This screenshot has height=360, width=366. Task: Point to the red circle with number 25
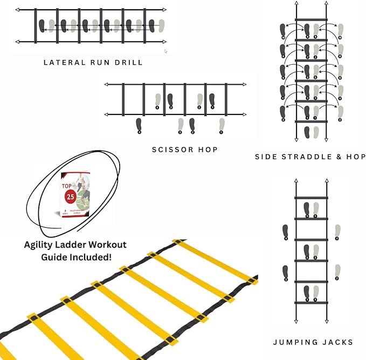pos(71,196)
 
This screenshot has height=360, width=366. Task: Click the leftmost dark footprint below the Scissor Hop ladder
pos(139,125)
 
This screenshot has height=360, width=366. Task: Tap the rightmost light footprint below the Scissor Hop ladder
pos(221,125)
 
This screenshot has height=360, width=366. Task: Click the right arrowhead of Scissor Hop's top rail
pos(244,85)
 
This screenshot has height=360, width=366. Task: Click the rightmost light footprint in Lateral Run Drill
pos(161,25)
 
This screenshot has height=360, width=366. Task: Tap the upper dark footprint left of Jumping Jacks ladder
pos(286,232)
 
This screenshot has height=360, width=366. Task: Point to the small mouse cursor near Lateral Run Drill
pos(165,52)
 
